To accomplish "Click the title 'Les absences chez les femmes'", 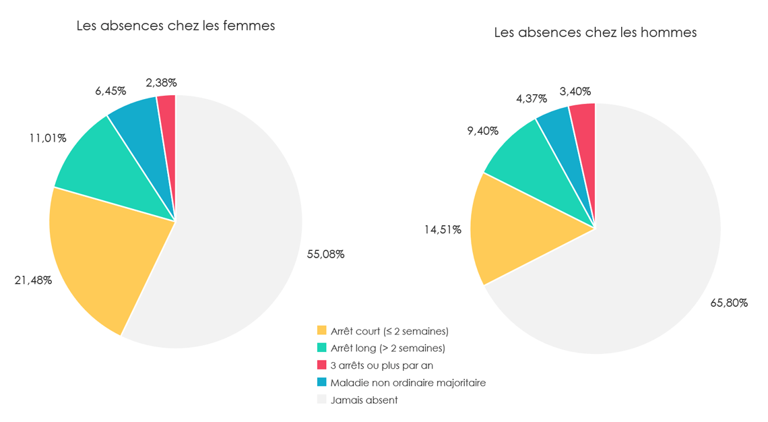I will point(175,26).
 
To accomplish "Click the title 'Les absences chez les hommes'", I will point(595,32).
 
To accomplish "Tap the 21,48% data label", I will point(33,280).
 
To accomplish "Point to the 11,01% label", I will point(47,138).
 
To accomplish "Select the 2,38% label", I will point(161,83).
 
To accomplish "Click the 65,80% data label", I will point(729,303).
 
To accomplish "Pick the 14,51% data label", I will point(443,230).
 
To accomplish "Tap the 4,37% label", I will point(532,98).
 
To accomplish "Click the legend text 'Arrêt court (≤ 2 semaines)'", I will point(389,331).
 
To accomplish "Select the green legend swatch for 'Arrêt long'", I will point(322,348).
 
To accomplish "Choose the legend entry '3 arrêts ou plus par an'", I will point(381,365).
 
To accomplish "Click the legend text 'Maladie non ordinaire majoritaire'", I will point(408,383).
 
